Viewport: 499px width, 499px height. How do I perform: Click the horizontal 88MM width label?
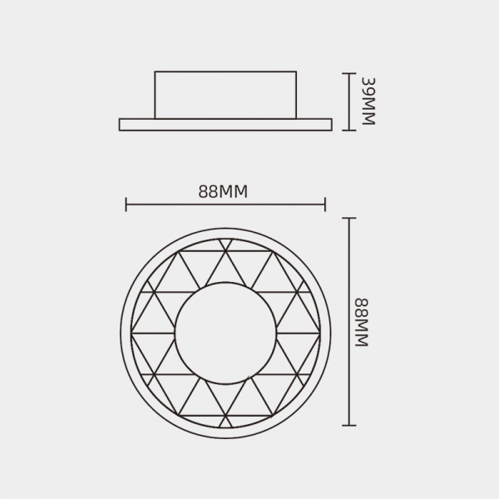click(224, 191)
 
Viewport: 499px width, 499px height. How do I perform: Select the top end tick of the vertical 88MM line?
click(349, 218)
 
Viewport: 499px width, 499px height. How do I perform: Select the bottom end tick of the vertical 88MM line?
click(349, 426)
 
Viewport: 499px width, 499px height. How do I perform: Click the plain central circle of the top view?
click(225, 325)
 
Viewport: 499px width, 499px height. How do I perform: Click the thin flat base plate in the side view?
click(225, 125)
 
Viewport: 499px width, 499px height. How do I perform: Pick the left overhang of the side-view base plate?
click(136, 125)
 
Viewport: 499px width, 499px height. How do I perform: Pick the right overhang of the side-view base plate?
click(315, 125)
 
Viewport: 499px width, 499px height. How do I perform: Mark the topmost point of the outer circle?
click(225, 228)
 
